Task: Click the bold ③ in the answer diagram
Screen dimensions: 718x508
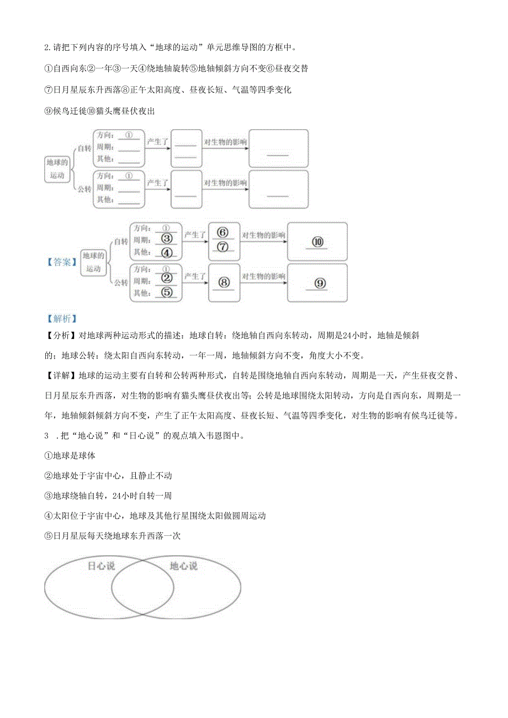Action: (167, 240)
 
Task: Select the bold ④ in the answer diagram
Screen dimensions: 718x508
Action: (167, 253)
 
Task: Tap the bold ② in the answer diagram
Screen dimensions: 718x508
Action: (167, 280)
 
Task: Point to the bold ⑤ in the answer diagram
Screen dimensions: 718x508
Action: (167, 293)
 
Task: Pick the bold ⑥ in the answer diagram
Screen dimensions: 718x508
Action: (223, 232)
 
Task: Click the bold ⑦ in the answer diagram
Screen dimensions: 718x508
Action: (223, 247)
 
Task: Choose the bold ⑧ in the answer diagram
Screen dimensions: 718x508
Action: (224, 282)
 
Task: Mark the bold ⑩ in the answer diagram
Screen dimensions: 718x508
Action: (317, 242)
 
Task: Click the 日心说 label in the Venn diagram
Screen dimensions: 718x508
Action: (101, 566)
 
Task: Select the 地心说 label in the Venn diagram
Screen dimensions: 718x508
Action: (183, 566)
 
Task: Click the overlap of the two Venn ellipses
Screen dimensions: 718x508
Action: (142, 587)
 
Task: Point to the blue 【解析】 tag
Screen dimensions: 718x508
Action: (61, 319)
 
